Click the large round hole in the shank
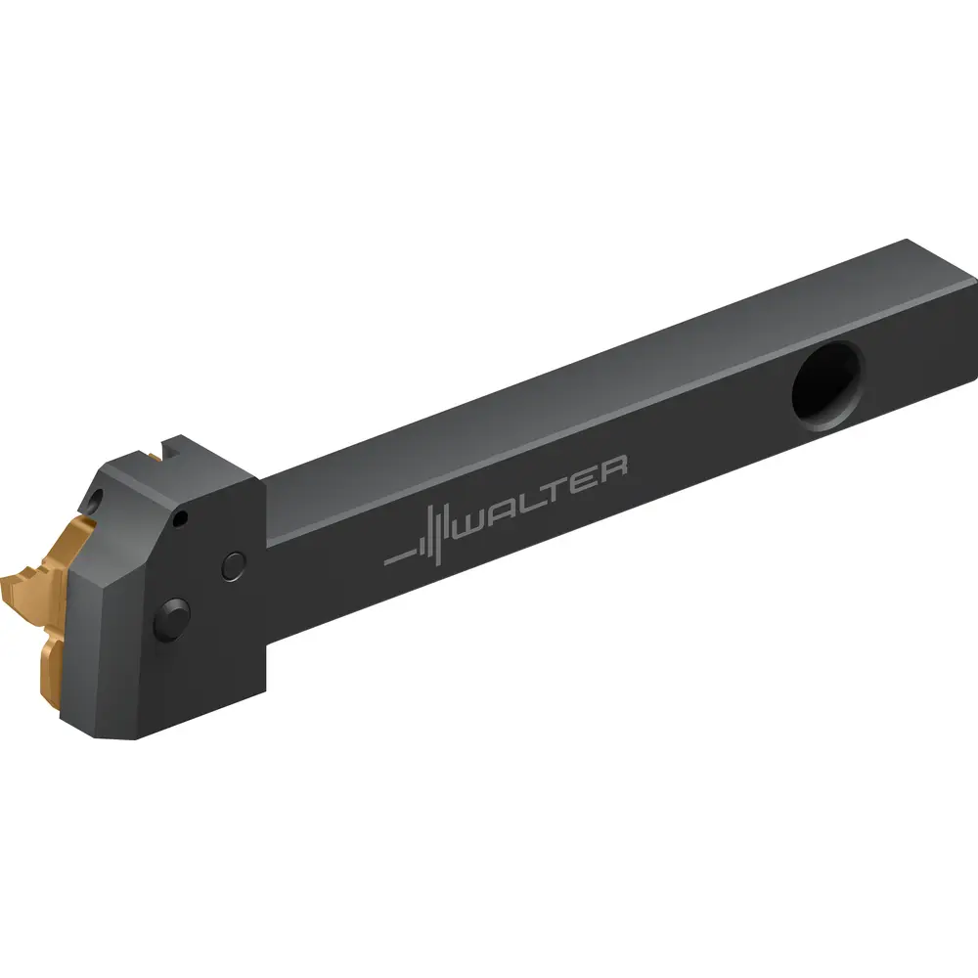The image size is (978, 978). pos(827,386)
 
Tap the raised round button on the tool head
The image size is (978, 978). pos(172,619)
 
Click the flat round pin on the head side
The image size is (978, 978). pos(234,566)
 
